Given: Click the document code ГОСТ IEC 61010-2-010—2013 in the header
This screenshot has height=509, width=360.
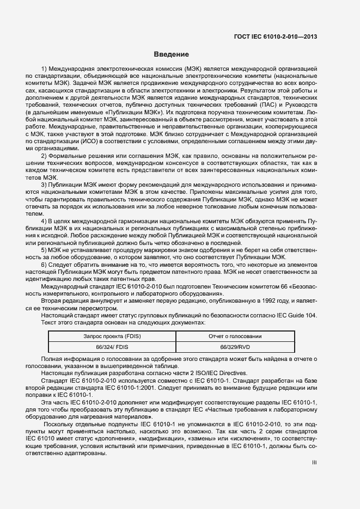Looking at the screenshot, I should (x=276, y=37).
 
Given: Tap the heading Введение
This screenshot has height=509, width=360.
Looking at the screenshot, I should (x=171, y=54).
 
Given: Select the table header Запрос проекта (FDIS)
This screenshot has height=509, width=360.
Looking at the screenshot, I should (x=112, y=336).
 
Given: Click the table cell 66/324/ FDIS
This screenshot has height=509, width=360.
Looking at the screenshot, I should (x=112, y=346).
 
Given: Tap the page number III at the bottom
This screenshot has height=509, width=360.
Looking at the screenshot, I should (x=314, y=462).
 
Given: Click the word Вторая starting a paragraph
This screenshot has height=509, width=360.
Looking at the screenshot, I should (x=52, y=300).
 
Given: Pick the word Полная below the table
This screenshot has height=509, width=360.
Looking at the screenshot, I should (x=53, y=360).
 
